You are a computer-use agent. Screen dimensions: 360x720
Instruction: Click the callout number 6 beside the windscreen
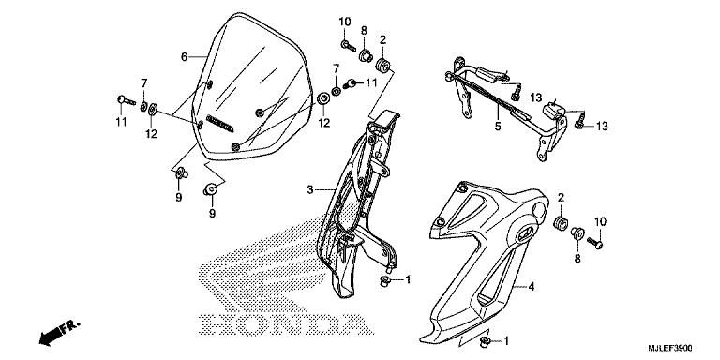click(185, 56)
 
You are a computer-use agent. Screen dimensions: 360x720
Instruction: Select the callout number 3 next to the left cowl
click(308, 190)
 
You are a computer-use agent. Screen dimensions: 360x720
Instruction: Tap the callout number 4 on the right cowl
click(530, 287)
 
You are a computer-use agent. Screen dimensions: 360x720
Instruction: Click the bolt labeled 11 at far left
click(124, 98)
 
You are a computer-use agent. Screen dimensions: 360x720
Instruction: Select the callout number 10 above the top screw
click(344, 22)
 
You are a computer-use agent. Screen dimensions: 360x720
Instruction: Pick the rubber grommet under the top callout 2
click(382, 67)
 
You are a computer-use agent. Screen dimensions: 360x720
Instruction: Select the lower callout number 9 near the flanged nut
click(211, 213)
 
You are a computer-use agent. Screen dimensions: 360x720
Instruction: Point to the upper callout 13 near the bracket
click(535, 97)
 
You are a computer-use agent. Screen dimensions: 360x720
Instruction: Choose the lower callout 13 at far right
click(602, 126)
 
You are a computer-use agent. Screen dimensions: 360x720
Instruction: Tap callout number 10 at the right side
click(600, 220)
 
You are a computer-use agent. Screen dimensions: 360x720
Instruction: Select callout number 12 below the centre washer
click(324, 123)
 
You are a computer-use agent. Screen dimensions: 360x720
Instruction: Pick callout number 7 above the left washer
click(144, 82)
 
